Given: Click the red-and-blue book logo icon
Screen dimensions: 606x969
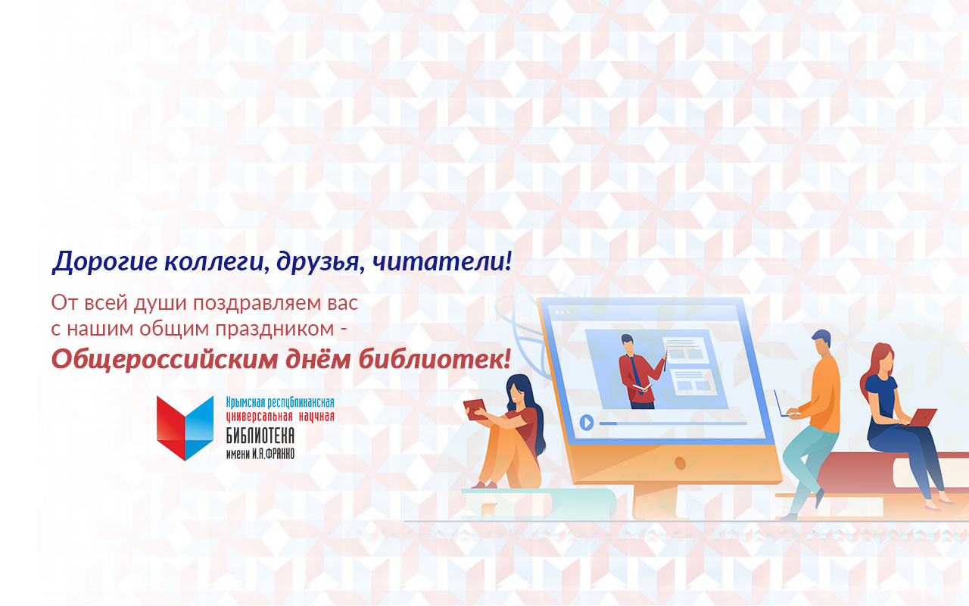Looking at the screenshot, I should pos(185,427).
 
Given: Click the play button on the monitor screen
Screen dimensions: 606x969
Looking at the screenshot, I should pos(586,423).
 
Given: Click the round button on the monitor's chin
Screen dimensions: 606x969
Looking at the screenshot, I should pos(680,463).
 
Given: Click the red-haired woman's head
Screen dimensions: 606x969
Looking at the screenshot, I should pos(881,358).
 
